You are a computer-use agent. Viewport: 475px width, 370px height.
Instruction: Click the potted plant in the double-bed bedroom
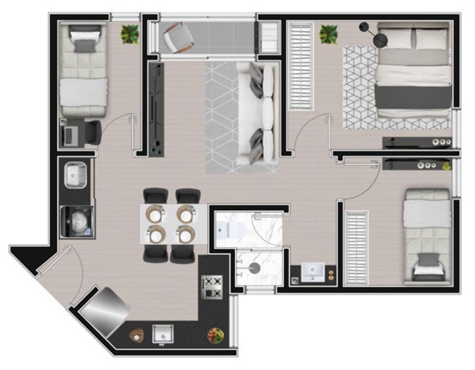[x=328, y=34]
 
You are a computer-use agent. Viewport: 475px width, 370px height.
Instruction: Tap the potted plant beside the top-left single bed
[x=130, y=34]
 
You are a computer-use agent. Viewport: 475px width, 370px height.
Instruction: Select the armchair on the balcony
[x=178, y=38]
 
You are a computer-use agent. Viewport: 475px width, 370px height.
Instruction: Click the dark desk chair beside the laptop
[x=93, y=132]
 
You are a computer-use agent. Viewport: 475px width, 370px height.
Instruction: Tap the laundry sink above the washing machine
[x=76, y=175]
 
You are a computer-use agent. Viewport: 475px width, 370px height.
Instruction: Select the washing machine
[x=77, y=221]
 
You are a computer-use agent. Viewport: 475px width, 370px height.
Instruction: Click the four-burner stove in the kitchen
[x=212, y=287]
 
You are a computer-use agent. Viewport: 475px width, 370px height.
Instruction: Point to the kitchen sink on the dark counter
[x=162, y=334]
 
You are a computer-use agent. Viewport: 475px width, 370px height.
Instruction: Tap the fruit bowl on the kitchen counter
[x=216, y=335]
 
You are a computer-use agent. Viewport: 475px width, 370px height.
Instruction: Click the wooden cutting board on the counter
[x=136, y=335]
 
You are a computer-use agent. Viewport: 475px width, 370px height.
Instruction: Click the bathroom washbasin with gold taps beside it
[x=313, y=272]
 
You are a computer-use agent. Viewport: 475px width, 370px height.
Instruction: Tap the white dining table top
[x=174, y=224]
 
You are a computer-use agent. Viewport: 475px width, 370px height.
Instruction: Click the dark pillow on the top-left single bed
[x=84, y=46]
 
